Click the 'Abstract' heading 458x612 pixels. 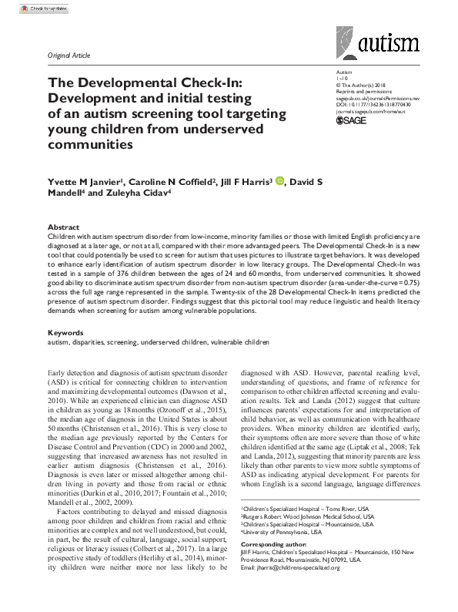[x=64, y=227]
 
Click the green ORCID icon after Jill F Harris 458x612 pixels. [x=279, y=181]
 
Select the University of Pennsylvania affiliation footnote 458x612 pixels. [x=280, y=554]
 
